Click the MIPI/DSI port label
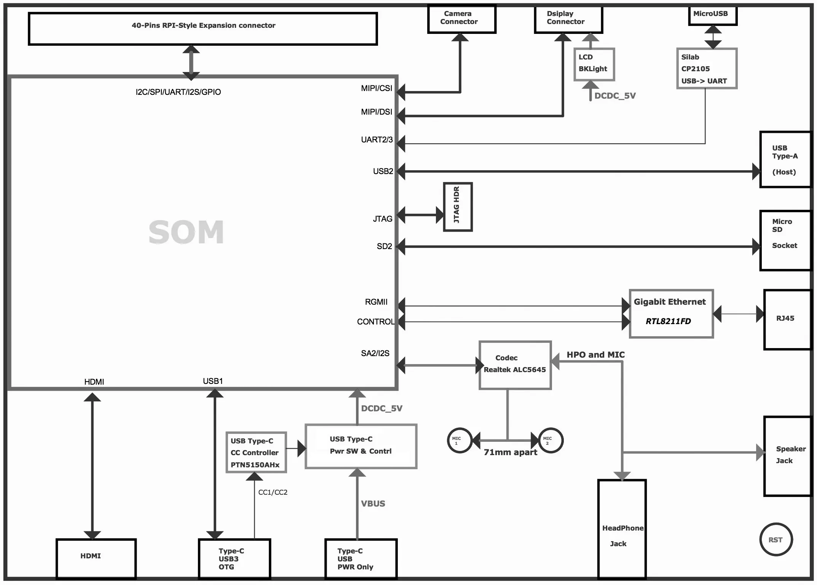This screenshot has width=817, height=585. pyautogui.click(x=377, y=112)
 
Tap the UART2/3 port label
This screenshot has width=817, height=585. pyautogui.click(x=377, y=139)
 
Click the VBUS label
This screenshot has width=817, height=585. pyautogui.click(x=373, y=503)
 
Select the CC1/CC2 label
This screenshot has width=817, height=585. pyautogui.click(x=273, y=492)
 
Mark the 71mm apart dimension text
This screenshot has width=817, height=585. pyautogui.click(x=511, y=452)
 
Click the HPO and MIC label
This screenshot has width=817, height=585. pyautogui.click(x=596, y=355)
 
